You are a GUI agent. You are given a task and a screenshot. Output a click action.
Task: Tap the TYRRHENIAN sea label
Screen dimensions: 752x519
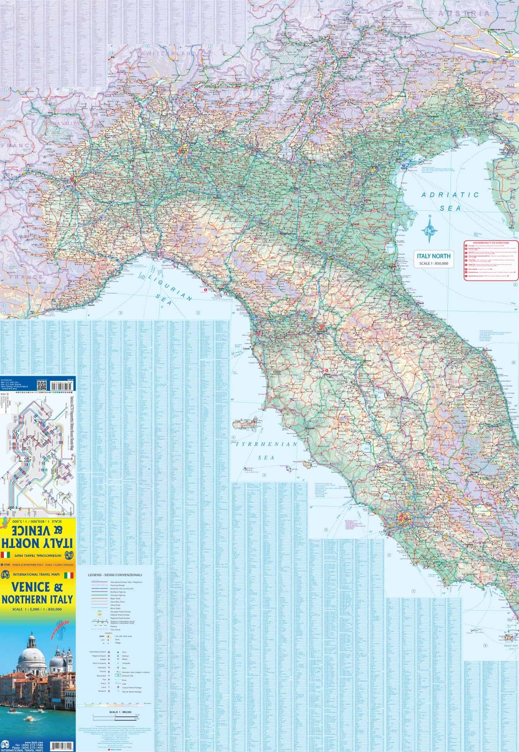pos(266,445)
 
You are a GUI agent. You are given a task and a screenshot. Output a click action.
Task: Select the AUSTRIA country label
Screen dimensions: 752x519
pos(464,13)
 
